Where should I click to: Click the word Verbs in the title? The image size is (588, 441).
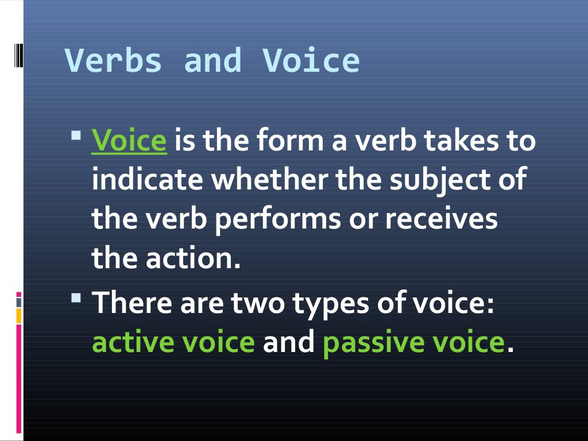click(x=114, y=61)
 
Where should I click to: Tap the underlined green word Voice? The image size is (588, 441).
click(x=129, y=141)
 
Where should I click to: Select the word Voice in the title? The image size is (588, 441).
click(x=311, y=61)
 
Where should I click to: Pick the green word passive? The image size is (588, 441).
click(x=366, y=343)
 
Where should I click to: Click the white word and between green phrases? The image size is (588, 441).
click(x=289, y=342)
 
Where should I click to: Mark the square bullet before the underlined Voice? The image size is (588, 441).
click(x=77, y=137)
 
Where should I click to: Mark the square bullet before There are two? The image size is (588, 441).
click(x=77, y=299)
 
